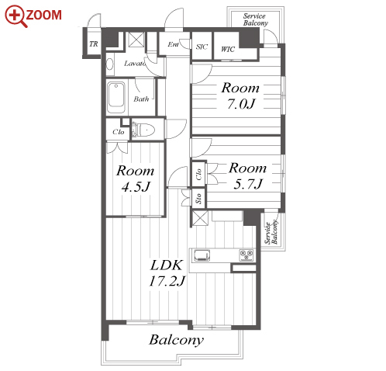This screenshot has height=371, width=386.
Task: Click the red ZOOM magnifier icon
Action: point(16,16)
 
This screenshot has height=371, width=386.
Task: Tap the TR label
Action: point(94,44)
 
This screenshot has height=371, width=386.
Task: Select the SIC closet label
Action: point(202,47)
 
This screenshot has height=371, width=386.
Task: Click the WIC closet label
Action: point(228,49)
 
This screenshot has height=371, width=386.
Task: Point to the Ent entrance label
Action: point(173,44)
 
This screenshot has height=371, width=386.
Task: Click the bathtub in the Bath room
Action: point(116,98)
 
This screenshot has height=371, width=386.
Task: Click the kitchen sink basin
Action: point(202,255)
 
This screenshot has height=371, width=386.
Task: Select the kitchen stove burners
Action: point(246,255)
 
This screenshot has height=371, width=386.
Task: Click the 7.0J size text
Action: point(241,104)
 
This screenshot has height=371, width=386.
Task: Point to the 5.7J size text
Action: point(248,184)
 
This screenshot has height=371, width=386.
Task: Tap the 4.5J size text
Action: point(136,187)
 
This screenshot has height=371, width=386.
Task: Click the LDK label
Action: point(167,265)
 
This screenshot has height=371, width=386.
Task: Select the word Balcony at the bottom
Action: point(177,340)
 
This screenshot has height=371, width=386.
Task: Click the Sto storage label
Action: point(198,199)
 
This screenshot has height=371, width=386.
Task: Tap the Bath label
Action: point(141,99)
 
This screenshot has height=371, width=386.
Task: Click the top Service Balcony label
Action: point(255,19)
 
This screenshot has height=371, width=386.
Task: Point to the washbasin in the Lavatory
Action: point(110,64)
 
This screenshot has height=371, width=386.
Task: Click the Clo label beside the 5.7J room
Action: point(198,175)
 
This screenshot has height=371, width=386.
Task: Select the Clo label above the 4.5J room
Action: point(119,132)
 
